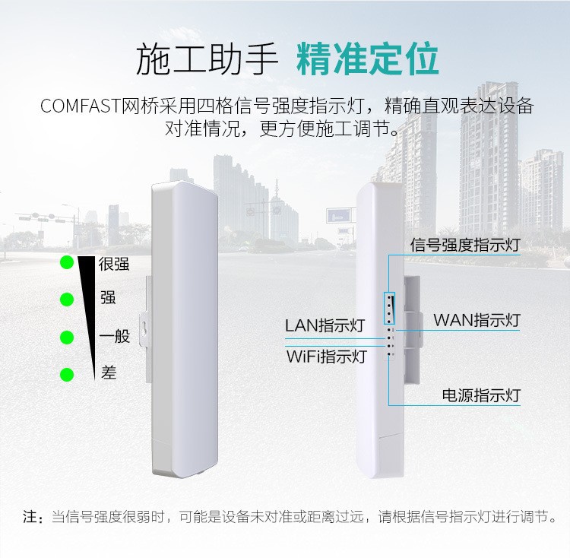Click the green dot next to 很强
pyautogui.click(x=67, y=263)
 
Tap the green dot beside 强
pyautogui.click(x=67, y=300)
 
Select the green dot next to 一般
pyautogui.click(x=67, y=337)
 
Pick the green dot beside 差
pyautogui.click(x=67, y=374)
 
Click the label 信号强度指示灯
pyautogui.click(x=464, y=245)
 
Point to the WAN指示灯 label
pyautogui.click(x=477, y=319)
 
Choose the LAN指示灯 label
pyautogui.click(x=325, y=326)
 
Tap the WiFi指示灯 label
pyautogui.click(x=326, y=357)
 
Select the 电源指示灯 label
pyautogui.click(x=481, y=395)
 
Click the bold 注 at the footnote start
pyautogui.click(x=30, y=518)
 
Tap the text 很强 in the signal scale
pyautogui.click(x=114, y=264)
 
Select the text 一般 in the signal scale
pyautogui.click(x=115, y=337)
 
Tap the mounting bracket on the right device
pyautogui.click(x=411, y=327)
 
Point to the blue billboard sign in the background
pyautogui.click(x=340, y=216)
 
